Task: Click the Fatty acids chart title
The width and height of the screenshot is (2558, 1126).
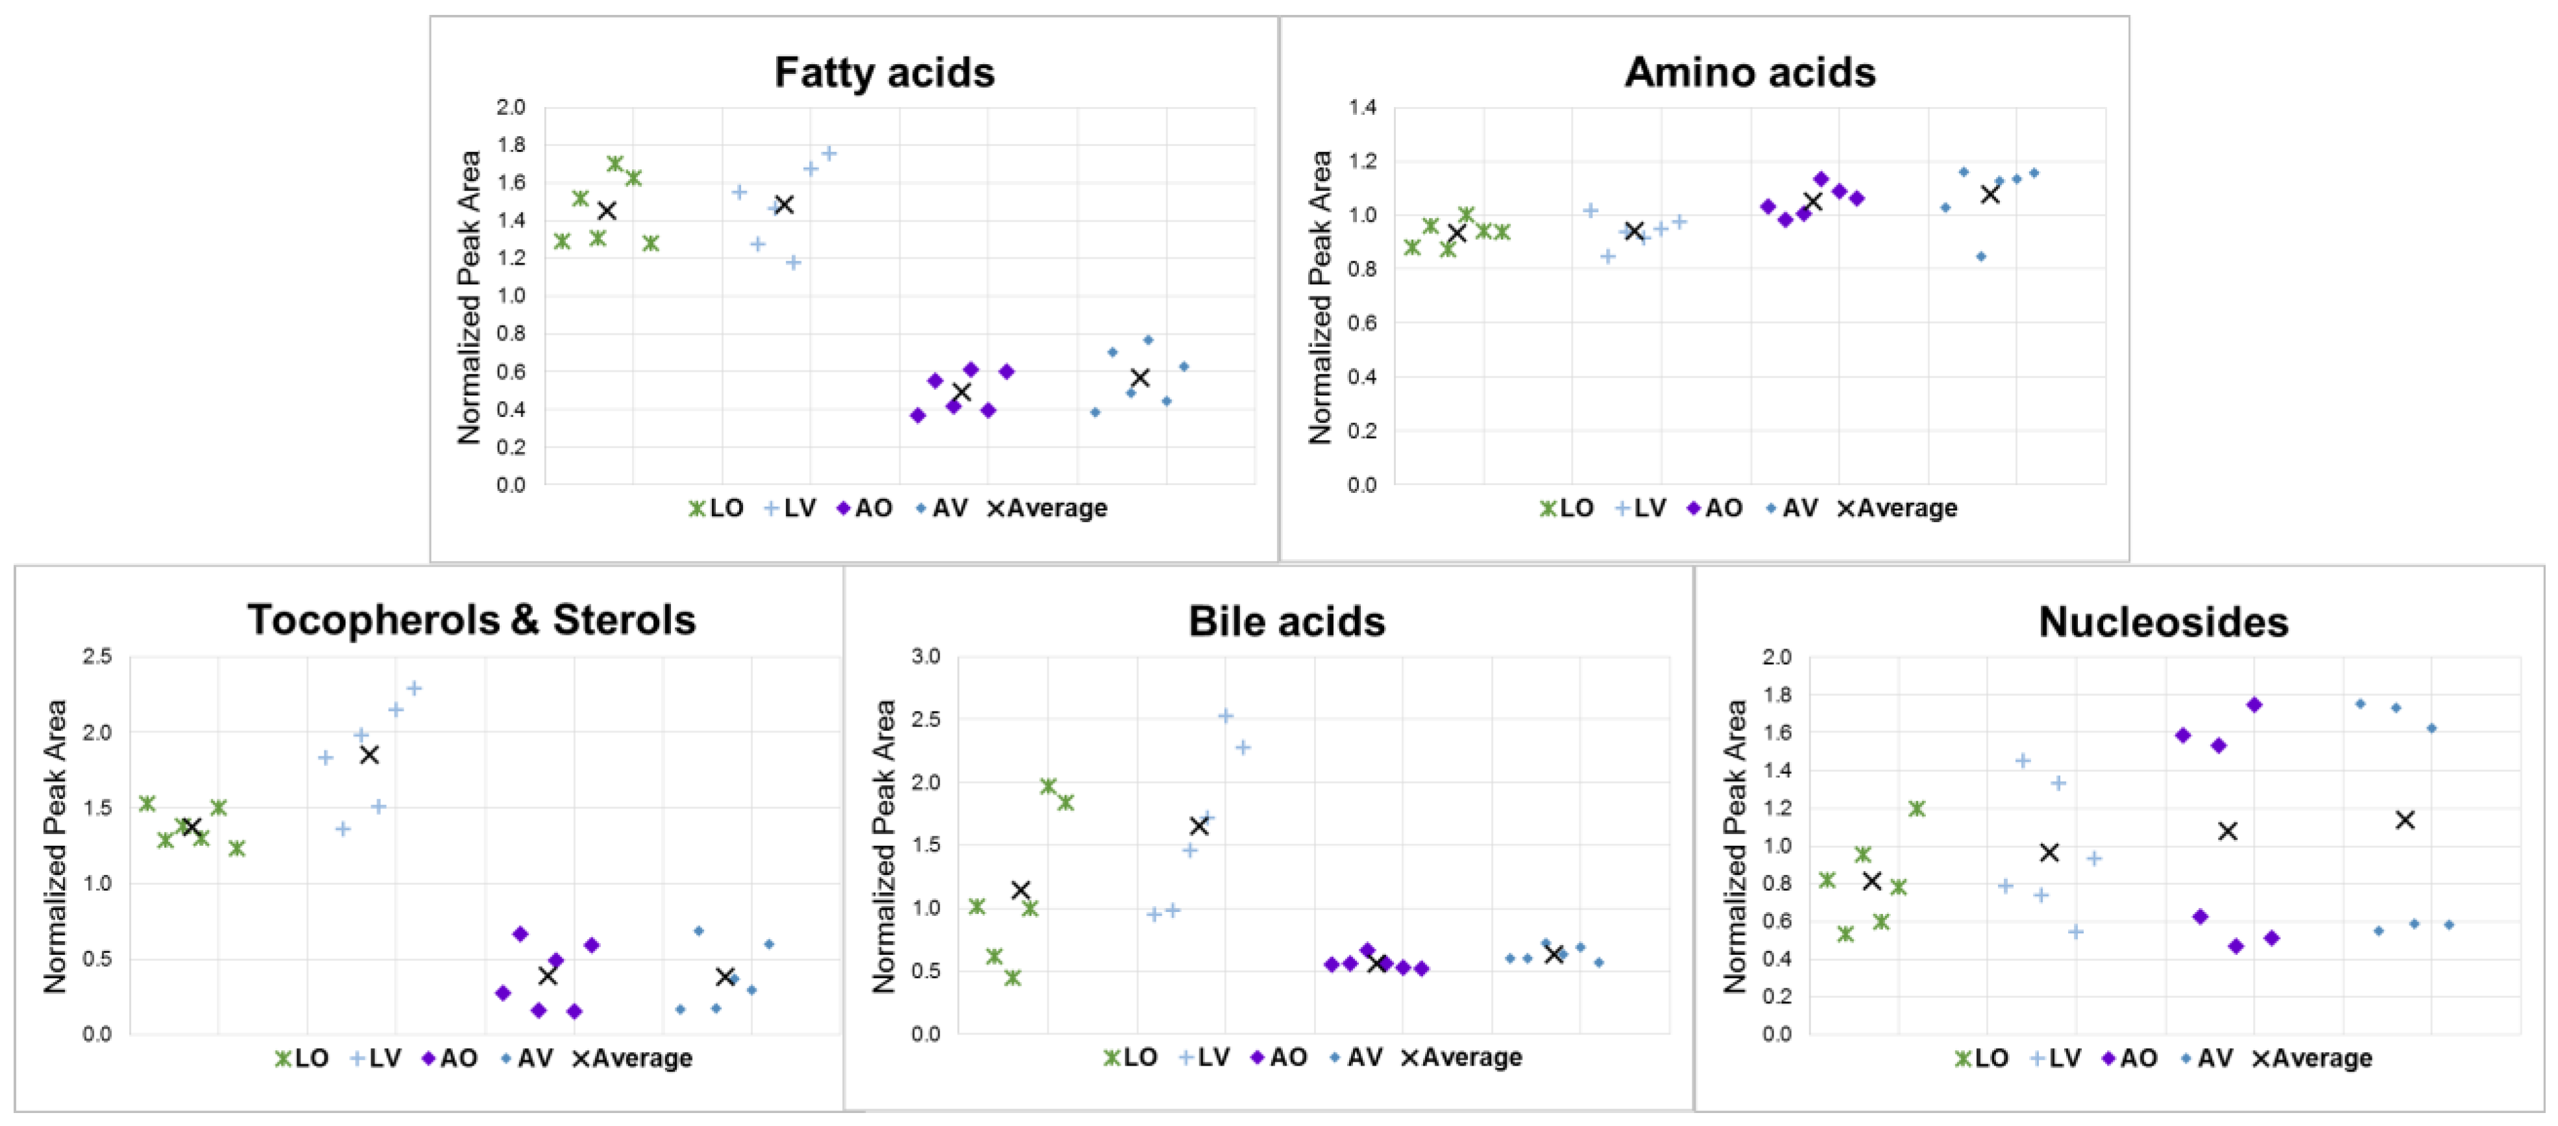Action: pyautogui.click(x=884, y=73)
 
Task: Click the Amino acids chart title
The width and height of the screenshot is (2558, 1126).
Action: pyautogui.click(x=1749, y=73)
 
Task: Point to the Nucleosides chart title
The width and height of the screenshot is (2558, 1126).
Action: pyautogui.click(x=2163, y=623)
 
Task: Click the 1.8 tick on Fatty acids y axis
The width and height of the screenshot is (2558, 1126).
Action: pyautogui.click(x=511, y=145)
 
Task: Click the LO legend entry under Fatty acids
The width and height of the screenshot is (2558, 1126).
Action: pyautogui.click(x=717, y=509)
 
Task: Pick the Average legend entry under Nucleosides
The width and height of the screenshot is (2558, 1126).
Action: pyautogui.click(x=2311, y=1059)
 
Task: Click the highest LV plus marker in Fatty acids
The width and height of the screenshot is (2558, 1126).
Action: pyautogui.click(x=828, y=153)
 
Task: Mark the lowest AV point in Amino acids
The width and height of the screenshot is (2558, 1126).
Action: pyautogui.click(x=1980, y=256)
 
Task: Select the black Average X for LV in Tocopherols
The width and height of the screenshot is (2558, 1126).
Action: pyautogui.click(x=369, y=754)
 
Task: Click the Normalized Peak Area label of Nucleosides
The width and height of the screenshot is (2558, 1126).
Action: pyautogui.click(x=1734, y=846)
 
